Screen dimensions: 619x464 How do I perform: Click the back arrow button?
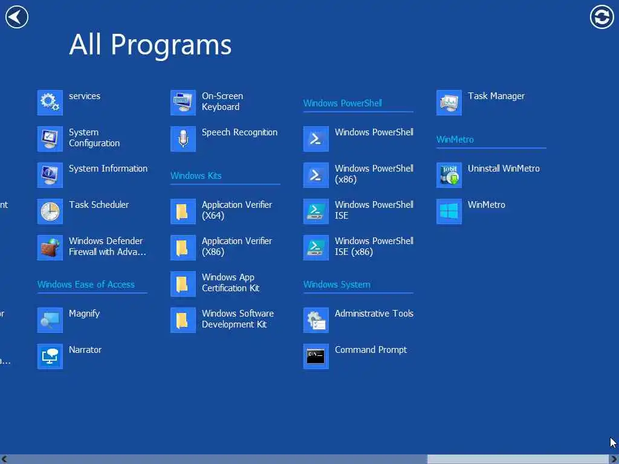tap(16, 17)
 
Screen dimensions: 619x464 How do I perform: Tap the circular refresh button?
tap(601, 17)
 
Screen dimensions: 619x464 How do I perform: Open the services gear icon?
tap(50, 103)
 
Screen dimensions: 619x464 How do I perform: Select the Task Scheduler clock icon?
tap(50, 211)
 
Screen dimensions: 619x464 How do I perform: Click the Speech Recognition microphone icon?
tap(183, 139)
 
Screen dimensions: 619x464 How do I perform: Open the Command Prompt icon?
tap(316, 356)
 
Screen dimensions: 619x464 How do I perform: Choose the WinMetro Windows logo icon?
tap(449, 211)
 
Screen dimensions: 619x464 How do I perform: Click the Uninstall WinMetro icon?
tap(449, 175)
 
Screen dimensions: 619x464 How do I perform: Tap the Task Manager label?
tap(496, 96)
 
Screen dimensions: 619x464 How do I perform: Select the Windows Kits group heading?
tap(196, 176)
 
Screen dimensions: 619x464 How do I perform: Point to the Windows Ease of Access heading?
tap(86, 285)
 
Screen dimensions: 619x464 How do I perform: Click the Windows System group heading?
tap(337, 285)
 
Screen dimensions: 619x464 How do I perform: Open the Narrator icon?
tap(50, 356)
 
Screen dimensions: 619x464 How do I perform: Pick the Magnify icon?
tap(50, 320)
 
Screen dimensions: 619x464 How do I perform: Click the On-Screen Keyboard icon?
tap(183, 103)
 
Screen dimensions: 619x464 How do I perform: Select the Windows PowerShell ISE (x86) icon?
tap(316, 248)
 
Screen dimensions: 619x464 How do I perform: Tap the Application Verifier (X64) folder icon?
tap(183, 211)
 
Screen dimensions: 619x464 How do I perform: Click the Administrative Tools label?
tap(374, 314)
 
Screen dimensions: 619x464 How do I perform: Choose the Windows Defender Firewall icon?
tap(50, 248)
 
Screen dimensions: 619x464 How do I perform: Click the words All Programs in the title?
tap(151, 45)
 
